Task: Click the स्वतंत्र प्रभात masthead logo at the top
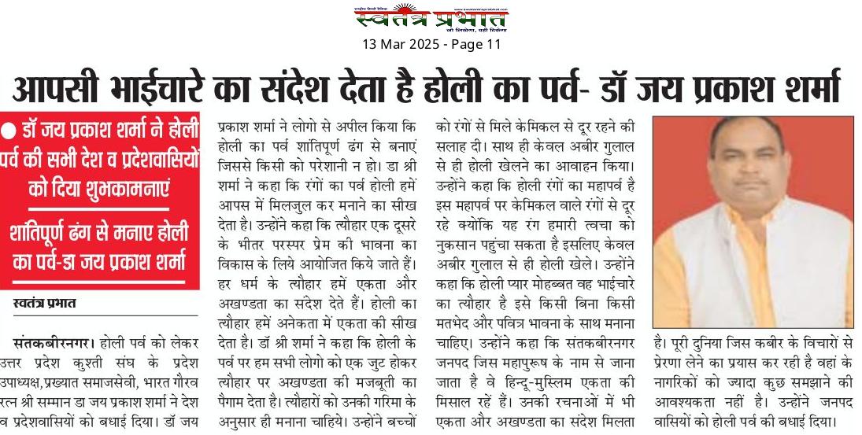pos(431,19)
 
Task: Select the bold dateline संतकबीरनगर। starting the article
pos(51,343)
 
